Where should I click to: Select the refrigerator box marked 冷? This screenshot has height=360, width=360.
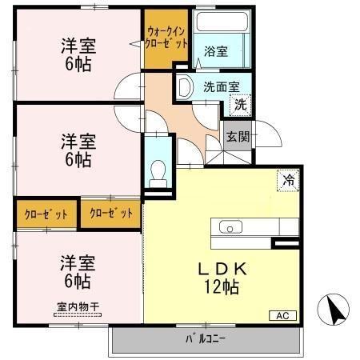click(x=286, y=181)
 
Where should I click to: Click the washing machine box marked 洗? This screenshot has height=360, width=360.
click(x=239, y=102)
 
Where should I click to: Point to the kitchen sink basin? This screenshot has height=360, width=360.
click(x=230, y=226)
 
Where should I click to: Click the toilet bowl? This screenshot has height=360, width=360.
click(x=158, y=170)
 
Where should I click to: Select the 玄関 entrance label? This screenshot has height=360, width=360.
click(x=238, y=136)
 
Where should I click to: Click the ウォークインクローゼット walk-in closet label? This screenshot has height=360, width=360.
click(x=167, y=38)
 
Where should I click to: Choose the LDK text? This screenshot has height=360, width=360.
click(x=219, y=270)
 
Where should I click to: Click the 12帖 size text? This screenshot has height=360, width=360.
click(x=219, y=286)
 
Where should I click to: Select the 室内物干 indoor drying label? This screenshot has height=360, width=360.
click(x=77, y=306)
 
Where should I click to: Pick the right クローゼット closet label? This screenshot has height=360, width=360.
click(x=110, y=213)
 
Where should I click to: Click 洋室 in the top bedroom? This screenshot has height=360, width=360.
click(x=78, y=46)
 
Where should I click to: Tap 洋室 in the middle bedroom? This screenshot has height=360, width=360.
click(x=78, y=142)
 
